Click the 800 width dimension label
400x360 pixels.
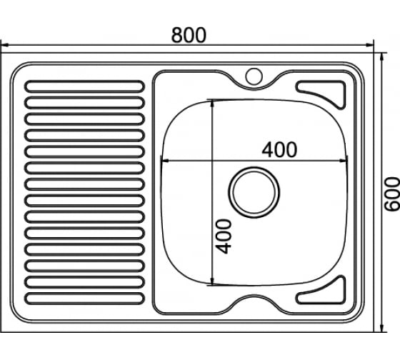point(189,35)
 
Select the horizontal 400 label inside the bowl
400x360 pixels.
point(279,149)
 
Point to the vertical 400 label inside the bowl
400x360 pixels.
point(223,236)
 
